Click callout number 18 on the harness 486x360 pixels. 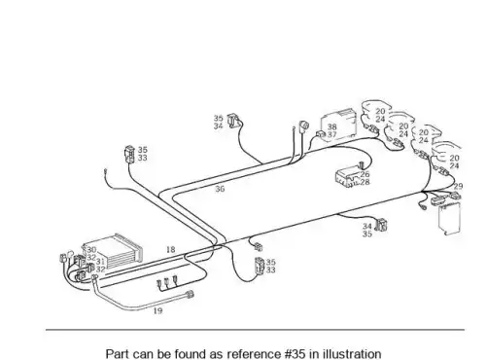[171, 250]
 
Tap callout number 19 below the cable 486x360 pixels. [157, 310]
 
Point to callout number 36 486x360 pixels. [220, 189]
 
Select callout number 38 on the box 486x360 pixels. [331, 126]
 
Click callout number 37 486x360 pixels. [331, 134]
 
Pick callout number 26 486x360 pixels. [364, 174]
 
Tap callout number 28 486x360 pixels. [364, 182]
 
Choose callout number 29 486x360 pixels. [458, 187]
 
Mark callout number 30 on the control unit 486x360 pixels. [91, 250]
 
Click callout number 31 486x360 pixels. [101, 262]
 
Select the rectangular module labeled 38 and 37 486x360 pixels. [338, 125]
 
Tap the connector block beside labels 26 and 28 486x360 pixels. [348, 177]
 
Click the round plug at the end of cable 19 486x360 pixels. [190, 295]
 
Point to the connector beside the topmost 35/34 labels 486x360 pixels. [233, 121]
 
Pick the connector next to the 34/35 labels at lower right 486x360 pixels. [382, 225]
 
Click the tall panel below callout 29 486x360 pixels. [450, 218]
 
